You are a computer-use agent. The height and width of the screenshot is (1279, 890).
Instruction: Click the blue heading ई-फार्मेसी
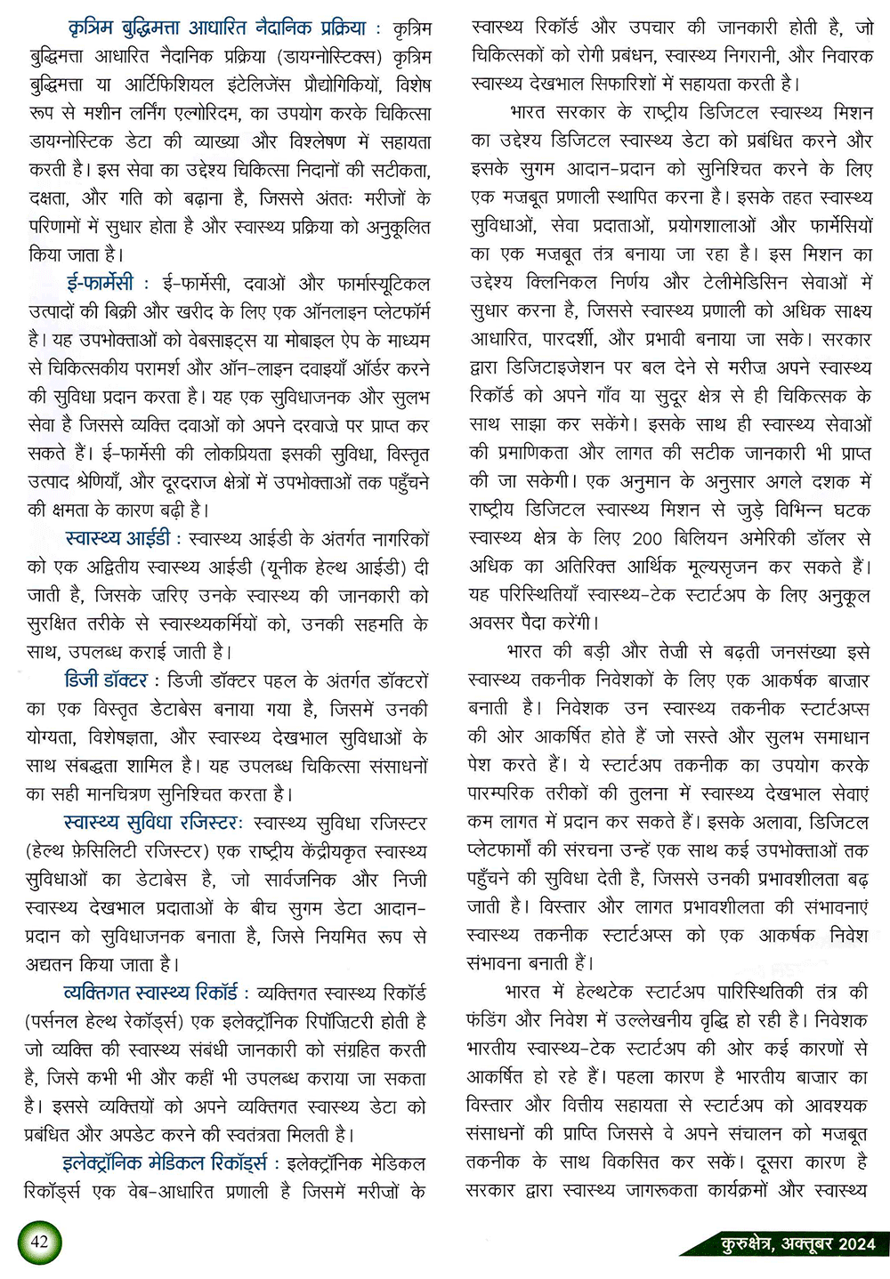pos(100,284)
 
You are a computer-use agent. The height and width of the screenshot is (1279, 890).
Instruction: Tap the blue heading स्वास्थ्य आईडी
pos(117,539)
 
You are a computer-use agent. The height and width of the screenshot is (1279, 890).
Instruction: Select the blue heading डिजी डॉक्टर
pos(106,681)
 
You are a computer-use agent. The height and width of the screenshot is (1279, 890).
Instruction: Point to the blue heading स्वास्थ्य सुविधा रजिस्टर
pos(151,824)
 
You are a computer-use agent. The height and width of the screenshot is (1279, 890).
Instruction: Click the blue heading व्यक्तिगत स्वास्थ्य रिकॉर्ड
pos(150,993)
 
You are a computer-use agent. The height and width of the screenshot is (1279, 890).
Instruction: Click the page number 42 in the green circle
pos(40,1241)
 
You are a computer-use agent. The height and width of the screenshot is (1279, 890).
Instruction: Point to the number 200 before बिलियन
pos(647,539)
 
